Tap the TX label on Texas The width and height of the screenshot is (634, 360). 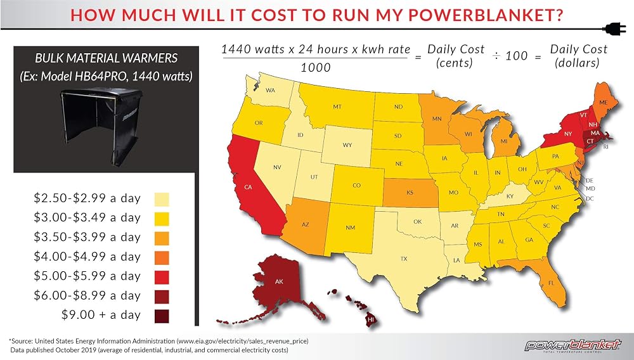pyautogui.click(x=404, y=259)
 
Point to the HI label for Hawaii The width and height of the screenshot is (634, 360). pyautogui.click(x=370, y=319)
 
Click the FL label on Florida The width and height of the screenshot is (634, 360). pyautogui.click(x=551, y=283)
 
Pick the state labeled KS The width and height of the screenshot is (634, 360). pyautogui.click(x=410, y=192)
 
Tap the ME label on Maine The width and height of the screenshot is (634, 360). pyautogui.click(x=604, y=103)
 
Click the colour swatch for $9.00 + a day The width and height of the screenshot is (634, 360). pyautogui.click(x=162, y=316)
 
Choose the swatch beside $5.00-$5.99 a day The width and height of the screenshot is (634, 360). pyautogui.click(x=162, y=277)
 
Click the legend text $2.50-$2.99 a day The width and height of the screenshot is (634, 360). pyautogui.click(x=87, y=198)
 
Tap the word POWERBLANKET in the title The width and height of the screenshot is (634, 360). pyautogui.click(x=485, y=15)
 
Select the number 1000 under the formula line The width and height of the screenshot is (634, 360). pyautogui.click(x=315, y=67)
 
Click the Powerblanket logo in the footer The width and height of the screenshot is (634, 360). pyautogui.click(x=573, y=345)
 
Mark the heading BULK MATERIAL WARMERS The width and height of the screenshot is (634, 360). pyautogui.click(x=107, y=58)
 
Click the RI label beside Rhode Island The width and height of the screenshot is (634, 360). pyautogui.click(x=605, y=147)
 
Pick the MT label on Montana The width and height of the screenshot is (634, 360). pyautogui.click(x=337, y=106)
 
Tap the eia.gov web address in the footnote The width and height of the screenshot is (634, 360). pyautogui.click(x=242, y=341)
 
